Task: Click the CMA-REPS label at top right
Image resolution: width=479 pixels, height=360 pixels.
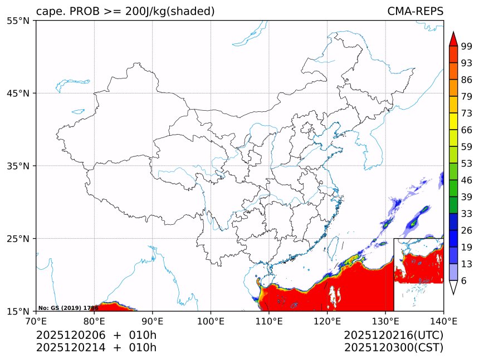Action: tap(416, 12)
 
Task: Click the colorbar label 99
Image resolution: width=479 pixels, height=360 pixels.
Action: tap(467, 46)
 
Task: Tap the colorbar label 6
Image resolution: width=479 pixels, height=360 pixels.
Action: tap(464, 281)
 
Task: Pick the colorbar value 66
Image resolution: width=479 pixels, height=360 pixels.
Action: tap(467, 130)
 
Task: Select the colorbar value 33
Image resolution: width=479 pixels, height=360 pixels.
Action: tap(467, 214)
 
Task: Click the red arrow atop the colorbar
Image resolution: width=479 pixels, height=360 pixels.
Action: tap(453, 39)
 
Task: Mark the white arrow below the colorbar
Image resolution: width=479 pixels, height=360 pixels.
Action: tap(453, 287)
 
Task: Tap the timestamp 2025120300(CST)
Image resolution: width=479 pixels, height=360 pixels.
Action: tap(393, 348)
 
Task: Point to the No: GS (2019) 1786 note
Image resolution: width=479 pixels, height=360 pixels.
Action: tap(68, 308)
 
